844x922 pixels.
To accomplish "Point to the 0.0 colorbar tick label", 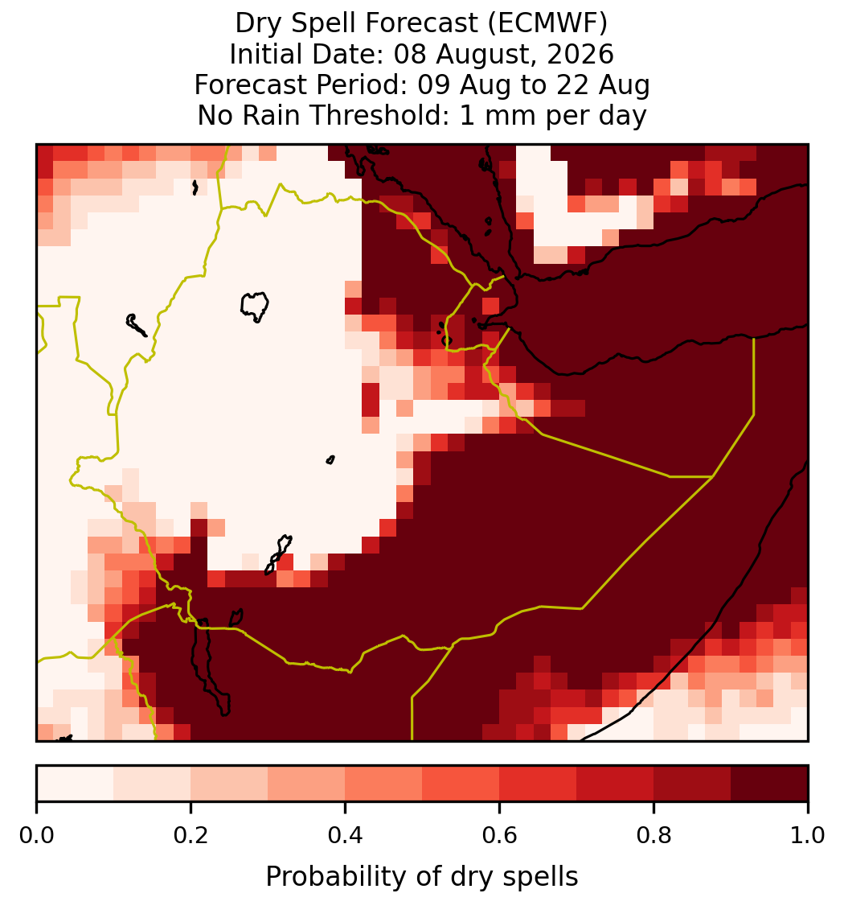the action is pyautogui.click(x=36, y=835).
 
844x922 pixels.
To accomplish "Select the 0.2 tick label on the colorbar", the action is pyautogui.click(x=191, y=835).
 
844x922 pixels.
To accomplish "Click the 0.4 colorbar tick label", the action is pyautogui.click(x=346, y=835).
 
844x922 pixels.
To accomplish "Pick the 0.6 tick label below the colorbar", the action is pyautogui.click(x=500, y=835).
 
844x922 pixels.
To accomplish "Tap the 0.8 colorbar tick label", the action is pyautogui.click(x=654, y=835).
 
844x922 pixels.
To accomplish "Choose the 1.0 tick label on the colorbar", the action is pyautogui.click(x=808, y=835).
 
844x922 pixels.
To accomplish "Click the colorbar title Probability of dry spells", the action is pyautogui.click(x=422, y=877).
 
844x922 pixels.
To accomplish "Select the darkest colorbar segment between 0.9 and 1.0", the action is pyautogui.click(x=770, y=784).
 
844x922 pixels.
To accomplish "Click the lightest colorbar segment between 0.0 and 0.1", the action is pyautogui.click(x=76, y=784).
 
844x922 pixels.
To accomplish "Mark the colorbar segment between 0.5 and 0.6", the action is pyautogui.click(x=461, y=784).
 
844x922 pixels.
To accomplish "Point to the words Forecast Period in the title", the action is pyautogui.click(x=300, y=84).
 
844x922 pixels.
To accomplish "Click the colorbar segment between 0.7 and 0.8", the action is pyautogui.click(x=616, y=784).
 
